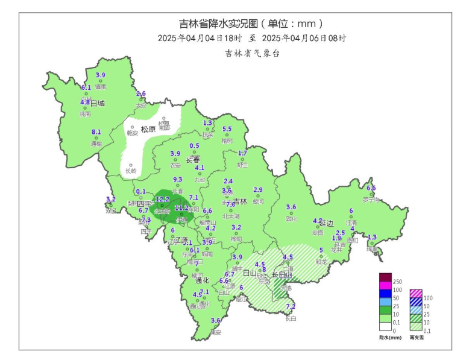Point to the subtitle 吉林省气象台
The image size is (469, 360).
[253, 53]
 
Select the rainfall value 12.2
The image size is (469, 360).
[162, 199]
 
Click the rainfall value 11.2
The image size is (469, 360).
[181, 208]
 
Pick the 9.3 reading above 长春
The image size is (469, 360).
[178, 180]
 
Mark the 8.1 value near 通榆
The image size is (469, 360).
[96, 132]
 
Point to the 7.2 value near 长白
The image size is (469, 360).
[291, 306]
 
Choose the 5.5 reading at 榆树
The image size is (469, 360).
[227, 129]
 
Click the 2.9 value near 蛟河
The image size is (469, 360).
[258, 190]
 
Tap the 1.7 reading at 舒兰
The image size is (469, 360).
[242, 153]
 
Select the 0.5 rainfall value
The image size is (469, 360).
[194, 146]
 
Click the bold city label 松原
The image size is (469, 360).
[148, 129]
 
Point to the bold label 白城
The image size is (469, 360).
[97, 104]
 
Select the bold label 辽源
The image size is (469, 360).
[181, 240]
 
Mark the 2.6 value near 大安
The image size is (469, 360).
[141, 93]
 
